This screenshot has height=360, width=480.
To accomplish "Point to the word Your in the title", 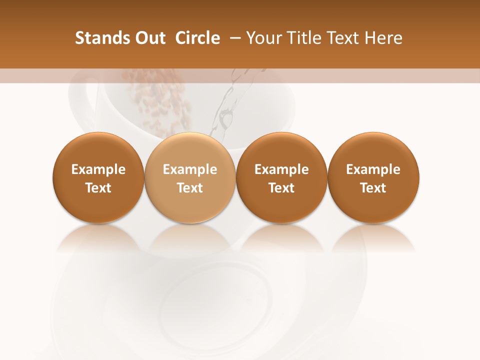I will click(x=262, y=38).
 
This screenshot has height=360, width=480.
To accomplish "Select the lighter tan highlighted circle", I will click(x=190, y=177).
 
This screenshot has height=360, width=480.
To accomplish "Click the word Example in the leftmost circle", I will click(x=98, y=169).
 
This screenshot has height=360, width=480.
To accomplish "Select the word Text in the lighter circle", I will click(x=190, y=188).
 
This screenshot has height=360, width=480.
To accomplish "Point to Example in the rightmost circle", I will click(x=373, y=169).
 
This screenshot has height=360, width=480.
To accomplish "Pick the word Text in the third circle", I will click(x=281, y=188).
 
